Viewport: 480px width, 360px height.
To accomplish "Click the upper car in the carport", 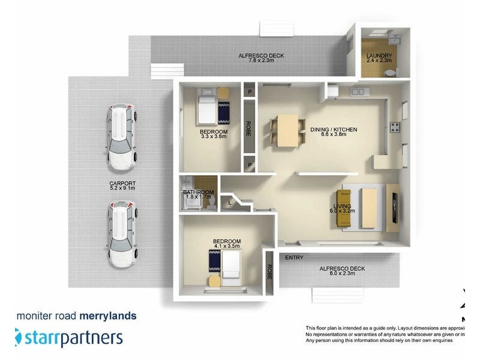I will (x=121, y=137).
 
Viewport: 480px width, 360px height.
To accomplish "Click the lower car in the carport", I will (x=121, y=234).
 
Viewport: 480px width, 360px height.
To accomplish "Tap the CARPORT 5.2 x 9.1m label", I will (x=122, y=186).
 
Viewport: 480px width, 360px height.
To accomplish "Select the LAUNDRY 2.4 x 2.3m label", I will (x=379, y=59).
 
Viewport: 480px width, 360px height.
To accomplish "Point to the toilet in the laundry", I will (x=391, y=72).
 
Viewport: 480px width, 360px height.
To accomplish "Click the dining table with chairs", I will (x=286, y=130).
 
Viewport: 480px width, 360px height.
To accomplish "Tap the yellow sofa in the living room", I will (x=344, y=208).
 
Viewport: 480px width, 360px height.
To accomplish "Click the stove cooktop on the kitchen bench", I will (x=395, y=127).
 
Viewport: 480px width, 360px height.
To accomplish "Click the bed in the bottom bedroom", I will (x=230, y=265).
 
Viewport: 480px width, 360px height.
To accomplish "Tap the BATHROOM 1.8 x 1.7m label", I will (x=198, y=196).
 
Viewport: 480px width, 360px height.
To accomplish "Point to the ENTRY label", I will (x=294, y=258).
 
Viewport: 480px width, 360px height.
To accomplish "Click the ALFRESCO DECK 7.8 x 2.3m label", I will (x=261, y=58).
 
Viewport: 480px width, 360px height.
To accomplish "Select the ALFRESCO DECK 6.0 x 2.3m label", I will (x=341, y=271).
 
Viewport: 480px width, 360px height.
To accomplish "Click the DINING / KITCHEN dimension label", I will (x=334, y=132).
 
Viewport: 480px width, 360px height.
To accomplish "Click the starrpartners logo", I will (x=68, y=337).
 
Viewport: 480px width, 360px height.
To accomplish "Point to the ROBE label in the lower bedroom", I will (x=269, y=273).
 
